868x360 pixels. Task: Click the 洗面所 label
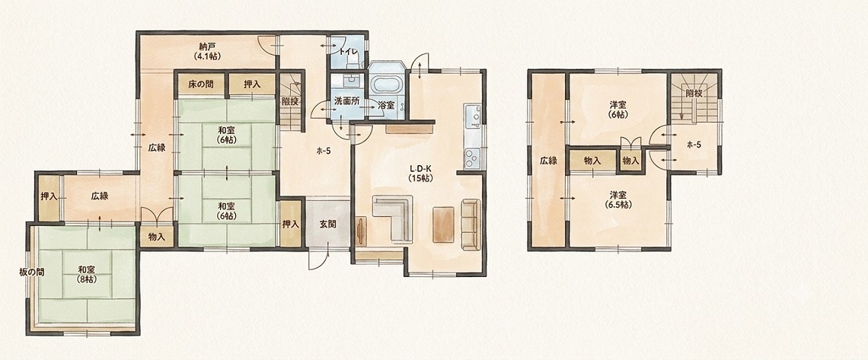(347, 102)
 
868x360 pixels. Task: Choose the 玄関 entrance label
(327, 225)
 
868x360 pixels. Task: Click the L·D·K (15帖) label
(420, 173)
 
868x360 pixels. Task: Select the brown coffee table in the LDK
(444, 224)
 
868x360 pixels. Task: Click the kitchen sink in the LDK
(474, 116)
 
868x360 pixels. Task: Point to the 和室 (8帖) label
(86, 274)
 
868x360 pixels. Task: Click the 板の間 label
(31, 272)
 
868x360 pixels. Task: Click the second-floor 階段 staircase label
(694, 94)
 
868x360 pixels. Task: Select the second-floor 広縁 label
(548, 161)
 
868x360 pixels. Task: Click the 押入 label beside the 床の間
(253, 84)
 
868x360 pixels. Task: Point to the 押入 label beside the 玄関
(291, 225)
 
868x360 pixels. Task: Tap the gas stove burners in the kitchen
(472, 158)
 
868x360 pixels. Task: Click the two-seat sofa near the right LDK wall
(470, 225)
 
